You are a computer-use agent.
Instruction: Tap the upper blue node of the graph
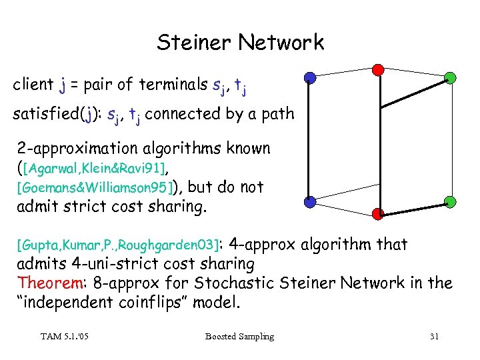pos(309,77)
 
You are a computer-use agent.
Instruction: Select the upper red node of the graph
pos(377,69)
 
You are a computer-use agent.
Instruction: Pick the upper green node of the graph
pos(450,77)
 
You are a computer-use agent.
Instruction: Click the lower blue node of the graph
pos(309,201)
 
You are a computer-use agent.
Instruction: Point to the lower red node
pos(377,213)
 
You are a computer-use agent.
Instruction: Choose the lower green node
pos(450,201)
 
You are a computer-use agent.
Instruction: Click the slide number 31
pos(434,337)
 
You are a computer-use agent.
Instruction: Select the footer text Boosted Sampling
pos(240,337)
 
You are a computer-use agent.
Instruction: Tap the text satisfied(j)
pos(47,114)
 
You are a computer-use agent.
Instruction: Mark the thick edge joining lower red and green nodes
pos(413,207)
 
